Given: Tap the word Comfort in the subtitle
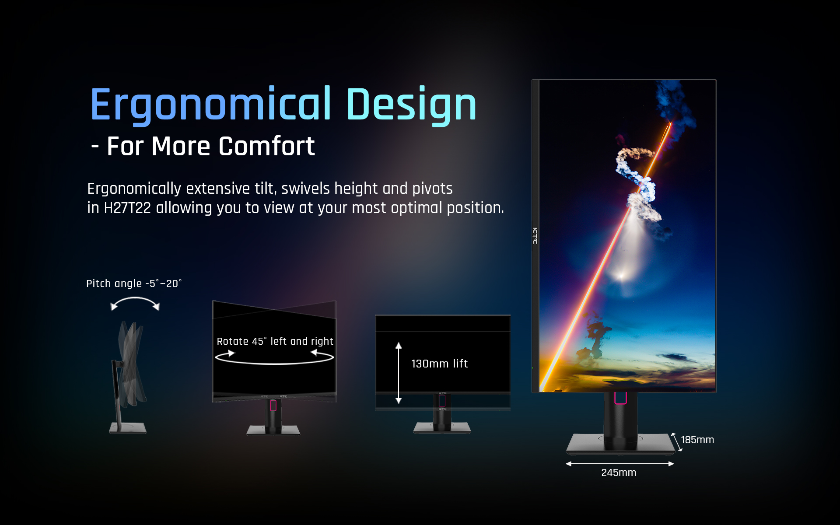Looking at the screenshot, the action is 266,146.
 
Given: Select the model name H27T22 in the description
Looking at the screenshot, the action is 127,208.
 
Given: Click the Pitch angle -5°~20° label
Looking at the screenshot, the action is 134,283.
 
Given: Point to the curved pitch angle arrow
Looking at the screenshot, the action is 135,298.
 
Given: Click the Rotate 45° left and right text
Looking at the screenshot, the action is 275,341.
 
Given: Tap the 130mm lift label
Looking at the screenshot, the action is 439,364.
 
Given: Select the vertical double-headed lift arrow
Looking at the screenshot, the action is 399,373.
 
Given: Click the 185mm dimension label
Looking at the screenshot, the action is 697,440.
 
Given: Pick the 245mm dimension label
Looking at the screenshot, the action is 619,472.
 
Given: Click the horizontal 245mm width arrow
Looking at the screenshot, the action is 619,464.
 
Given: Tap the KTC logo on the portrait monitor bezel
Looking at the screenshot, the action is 535,236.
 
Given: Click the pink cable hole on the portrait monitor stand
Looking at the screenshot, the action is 620,398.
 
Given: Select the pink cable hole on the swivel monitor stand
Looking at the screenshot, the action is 273,406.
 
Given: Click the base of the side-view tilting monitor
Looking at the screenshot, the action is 128,427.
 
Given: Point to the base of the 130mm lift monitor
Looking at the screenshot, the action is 442,427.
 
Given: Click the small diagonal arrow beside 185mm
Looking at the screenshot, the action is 676,442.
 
